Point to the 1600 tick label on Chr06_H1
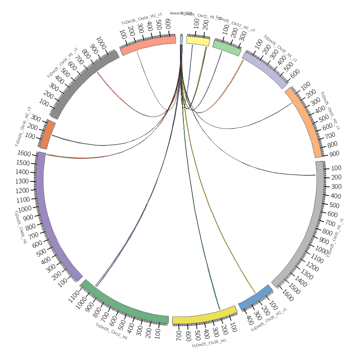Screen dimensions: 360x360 pyautogui.click(x=24, y=154)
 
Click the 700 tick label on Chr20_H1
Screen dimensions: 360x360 pyautogui.click(x=179, y=337)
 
